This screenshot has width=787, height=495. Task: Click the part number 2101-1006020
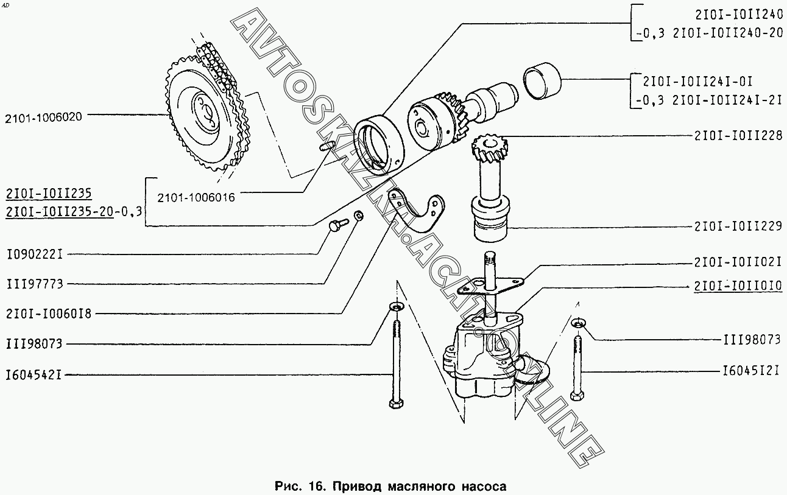tap(43, 118)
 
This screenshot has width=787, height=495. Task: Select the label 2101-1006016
tap(196, 198)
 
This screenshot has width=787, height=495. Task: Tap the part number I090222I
tap(35, 254)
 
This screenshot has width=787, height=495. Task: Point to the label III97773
tap(35, 284)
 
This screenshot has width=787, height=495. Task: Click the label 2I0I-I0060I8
tap(49, 314)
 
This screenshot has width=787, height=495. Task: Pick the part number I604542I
tap(34, 375)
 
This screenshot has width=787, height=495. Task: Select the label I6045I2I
tap(751, 371)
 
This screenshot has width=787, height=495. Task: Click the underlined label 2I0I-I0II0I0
tap(738, 286)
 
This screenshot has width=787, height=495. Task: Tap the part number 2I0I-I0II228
tap(738, 136)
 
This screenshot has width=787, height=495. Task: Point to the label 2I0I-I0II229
tap(738, 226)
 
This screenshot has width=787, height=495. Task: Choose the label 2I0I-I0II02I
tap(738, 262)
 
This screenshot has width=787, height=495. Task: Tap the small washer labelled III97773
tap(358, 216)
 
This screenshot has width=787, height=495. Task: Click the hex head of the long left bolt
tap(397, 403)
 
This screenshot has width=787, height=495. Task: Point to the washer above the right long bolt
tap(578, 323)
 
